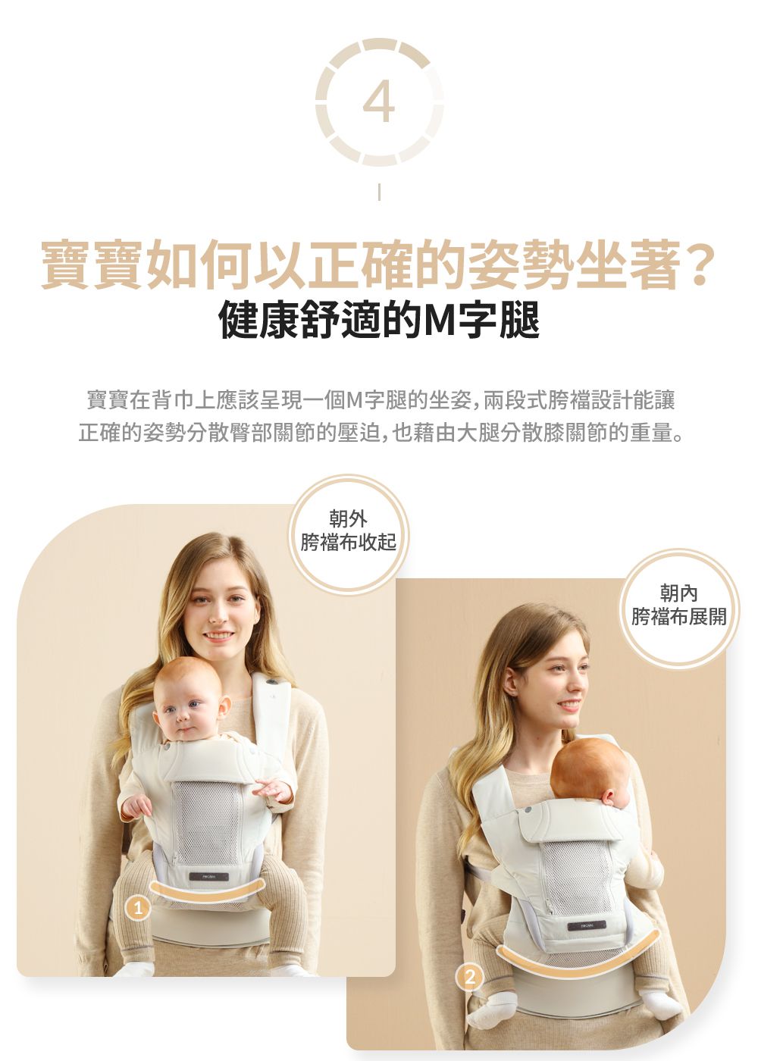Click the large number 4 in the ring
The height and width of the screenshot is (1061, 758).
pyautogui.click(x=379, y=102)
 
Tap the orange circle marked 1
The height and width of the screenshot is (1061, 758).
pyautogui.click(x=136, y=907)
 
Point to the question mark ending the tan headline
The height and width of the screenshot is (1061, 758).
pyautogui.click(x=697, y=265)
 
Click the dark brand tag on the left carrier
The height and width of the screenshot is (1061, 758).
pyautogui.click(x=208, y=877)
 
